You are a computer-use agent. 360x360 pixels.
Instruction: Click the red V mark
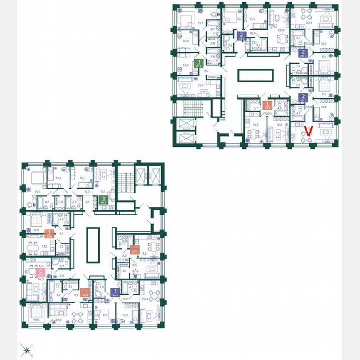click(308, 131)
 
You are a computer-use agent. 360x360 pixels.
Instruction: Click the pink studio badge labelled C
click(41, 273)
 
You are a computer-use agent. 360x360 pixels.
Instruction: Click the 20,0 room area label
click(282, 30)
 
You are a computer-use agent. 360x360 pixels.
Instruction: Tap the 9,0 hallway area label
click(206, 71)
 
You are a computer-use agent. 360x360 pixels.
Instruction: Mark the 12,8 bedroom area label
click(36, 230)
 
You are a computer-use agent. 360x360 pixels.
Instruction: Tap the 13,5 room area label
click(134, 265)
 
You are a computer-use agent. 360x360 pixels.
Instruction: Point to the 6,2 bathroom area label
click(59, 295)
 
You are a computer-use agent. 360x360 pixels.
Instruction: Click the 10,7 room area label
click(240, 19)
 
